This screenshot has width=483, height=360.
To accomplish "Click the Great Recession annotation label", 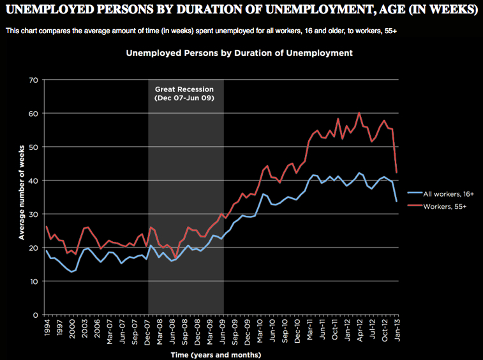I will click(184, 94).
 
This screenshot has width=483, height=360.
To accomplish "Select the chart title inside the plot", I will click(239, 54).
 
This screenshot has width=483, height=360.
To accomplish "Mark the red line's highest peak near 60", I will click(359, 113).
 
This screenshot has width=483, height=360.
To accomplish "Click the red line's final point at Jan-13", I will click(397, 172).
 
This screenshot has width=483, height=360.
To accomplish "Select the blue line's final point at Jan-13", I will click(397, 201).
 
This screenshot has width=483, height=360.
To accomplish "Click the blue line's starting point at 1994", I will click(47, 250).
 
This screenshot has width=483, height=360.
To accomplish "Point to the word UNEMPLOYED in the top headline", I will click(43, 11).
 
